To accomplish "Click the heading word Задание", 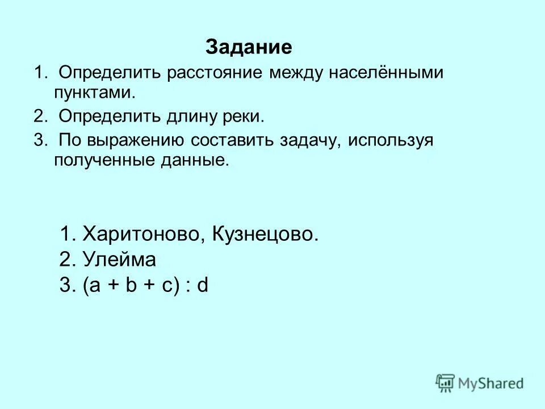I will [249, 47].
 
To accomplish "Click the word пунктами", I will [94, 91].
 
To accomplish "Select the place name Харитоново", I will [145, 233].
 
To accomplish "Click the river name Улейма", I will [119, 260].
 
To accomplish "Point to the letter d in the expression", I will [203, 286].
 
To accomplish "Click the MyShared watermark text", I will [492, 383].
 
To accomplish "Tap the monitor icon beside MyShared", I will [446, 383].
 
